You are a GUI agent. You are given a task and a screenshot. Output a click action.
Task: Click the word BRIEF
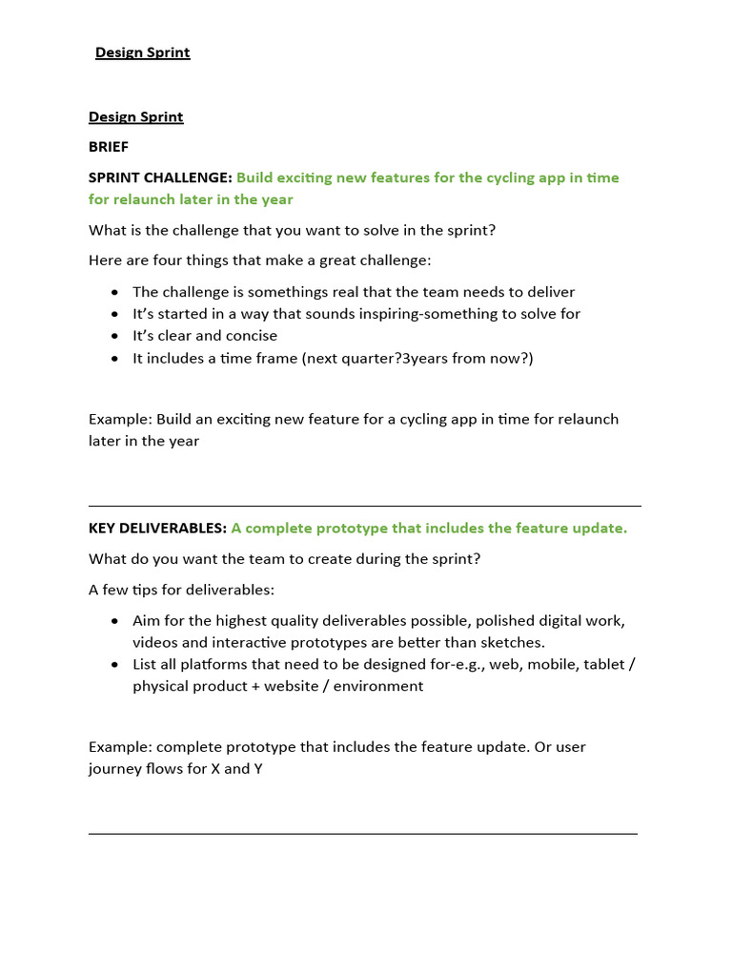click(109, 147)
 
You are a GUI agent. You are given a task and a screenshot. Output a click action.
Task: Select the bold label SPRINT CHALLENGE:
click(160, 177)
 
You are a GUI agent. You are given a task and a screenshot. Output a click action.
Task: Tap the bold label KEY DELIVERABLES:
click(157, 529)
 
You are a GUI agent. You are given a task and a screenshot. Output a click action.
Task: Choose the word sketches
click(513, 643)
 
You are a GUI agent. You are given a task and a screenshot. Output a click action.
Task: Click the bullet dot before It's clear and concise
click(115, 337)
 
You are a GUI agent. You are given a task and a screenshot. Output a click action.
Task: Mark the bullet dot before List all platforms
click(115, 665)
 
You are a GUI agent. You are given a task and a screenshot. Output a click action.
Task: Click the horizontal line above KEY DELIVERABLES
click(364, 507)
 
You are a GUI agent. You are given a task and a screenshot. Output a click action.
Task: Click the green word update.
click(601, 529)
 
